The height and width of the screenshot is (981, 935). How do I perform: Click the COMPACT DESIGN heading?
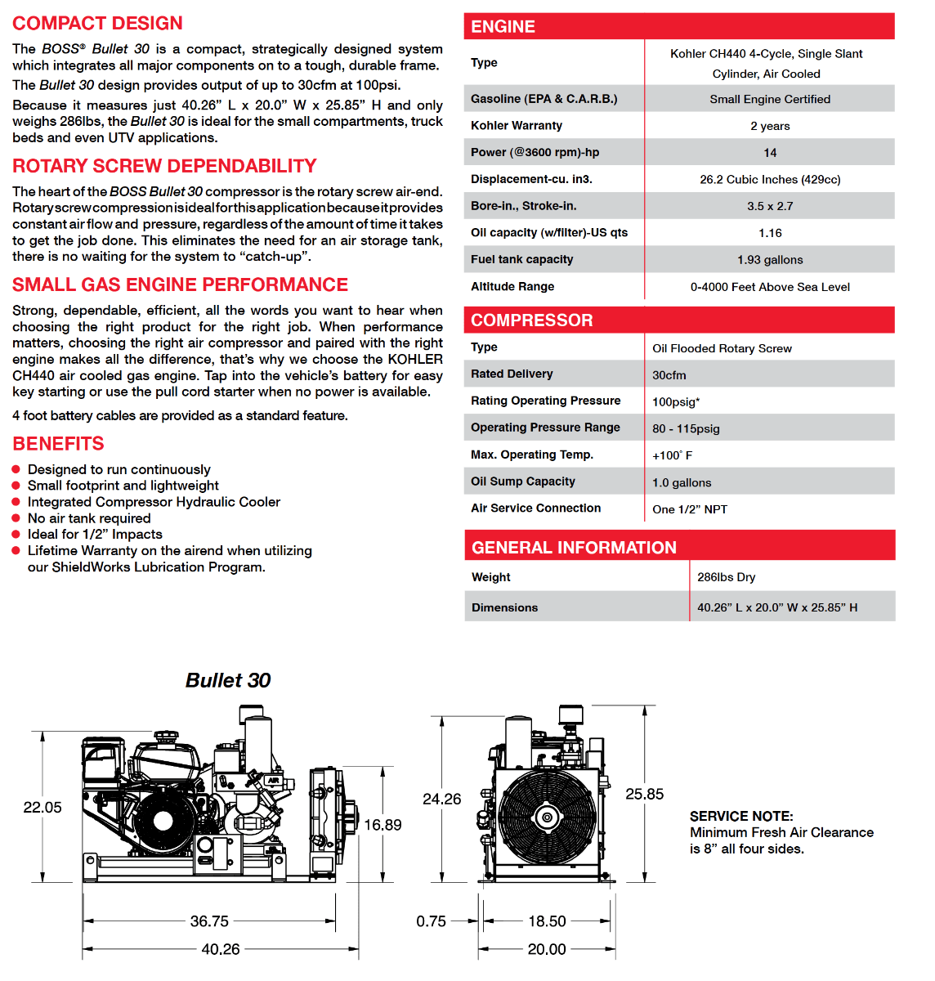(x=97, y=24)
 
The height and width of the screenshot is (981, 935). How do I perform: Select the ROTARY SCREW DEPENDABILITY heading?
(x=164, y=166)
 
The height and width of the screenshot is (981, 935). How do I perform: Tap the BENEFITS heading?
(x=58, y=444)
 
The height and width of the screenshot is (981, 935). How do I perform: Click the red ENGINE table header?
(x=678, y=26)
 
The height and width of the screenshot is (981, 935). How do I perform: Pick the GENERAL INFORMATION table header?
(x=679, y=547)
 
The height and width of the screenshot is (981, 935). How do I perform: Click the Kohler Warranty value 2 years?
(x=770, y=126)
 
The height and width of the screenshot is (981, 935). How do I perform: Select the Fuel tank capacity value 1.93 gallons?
(x=770, y=260)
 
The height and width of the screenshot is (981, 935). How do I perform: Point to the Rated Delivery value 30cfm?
(x=669, y=375)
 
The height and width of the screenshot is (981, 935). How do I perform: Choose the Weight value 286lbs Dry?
(x=726, y=577)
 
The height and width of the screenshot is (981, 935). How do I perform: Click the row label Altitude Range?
(x=512, y=286)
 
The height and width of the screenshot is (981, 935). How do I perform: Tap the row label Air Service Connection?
(x=535, y=508)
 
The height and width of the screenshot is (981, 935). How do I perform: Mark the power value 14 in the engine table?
(x=770, y=153)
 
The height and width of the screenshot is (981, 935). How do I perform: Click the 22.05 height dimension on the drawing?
(x=42, y=808)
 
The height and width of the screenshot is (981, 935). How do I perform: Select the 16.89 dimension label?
(x=382, y=826)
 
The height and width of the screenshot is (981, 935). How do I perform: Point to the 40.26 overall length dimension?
(x=221, y=949)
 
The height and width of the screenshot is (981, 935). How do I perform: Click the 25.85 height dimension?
(x=644, y=795)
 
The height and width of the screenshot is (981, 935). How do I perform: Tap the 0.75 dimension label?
(x=431, y=921)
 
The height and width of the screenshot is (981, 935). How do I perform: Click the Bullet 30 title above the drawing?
(x=228, y=681)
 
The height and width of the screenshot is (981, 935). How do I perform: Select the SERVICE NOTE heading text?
(x=740, y=817)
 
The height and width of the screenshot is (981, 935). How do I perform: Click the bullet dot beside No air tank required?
(x=16, y=518)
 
